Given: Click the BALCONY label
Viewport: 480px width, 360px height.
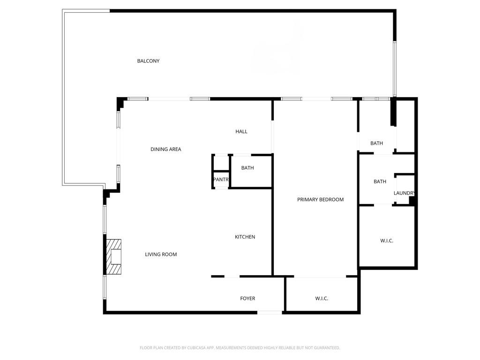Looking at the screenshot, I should [148, 61].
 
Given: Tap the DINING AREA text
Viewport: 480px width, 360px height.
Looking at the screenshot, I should [165, 149].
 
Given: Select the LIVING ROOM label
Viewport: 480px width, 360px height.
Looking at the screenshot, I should [161, 255].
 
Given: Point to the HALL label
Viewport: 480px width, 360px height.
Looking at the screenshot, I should [241, 132].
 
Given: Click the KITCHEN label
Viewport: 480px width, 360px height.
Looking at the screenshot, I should [245, 237].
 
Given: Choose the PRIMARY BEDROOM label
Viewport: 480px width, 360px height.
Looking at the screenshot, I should [320, 200].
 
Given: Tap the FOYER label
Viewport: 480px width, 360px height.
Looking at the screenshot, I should [247, 299].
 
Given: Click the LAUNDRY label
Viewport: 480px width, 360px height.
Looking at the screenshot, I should [404, 193].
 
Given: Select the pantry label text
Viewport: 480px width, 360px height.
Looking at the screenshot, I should [220, 180].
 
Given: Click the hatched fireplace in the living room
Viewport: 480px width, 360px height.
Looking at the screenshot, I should [113, 256].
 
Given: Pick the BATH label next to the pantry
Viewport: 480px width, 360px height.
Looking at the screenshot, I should [247, 168].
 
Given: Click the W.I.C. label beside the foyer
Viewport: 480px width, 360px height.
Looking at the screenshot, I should [322, 299].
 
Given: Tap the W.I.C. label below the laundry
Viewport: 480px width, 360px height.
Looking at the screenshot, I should [387, 240].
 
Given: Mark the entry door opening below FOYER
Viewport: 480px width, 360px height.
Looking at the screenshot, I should [270, 312].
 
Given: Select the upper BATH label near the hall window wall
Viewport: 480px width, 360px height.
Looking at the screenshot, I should [376, 143].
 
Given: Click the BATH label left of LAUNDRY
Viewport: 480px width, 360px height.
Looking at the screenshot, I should [380, 181].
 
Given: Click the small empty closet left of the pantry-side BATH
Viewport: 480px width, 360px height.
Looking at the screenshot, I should [220, 163].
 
